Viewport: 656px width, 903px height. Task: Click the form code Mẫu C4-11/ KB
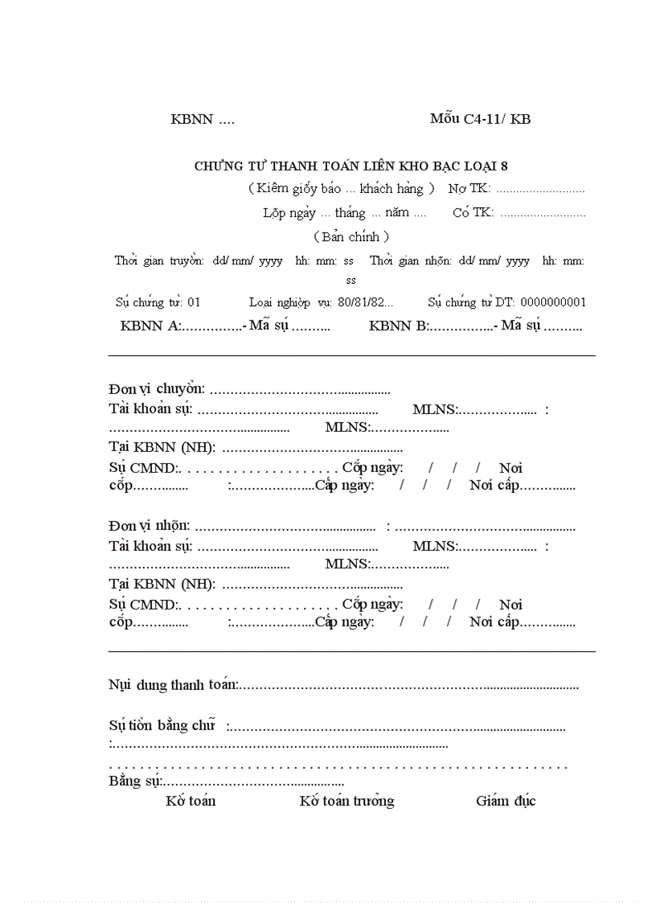click(x=480, y=119)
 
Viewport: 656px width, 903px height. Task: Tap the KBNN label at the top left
click(x=192, y=120)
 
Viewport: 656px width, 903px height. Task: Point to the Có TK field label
click(x=473, y=213)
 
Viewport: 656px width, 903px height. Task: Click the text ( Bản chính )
click(x=351, y=236)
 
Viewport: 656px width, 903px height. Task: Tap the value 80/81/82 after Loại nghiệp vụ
click(x=365, y=302)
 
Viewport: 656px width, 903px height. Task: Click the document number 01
click(x=194, y=302)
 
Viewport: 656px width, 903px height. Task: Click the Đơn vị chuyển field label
click(x=157, y=389)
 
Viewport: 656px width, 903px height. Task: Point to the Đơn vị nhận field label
click(x=150, y=526)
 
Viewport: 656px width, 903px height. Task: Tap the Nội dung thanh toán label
click(x=173, y=685)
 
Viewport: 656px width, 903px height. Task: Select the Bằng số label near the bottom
click(x=135, y=782)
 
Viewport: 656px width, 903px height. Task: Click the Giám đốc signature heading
click(x=506, y=801)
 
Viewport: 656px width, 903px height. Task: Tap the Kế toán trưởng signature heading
click(x=346, y=801)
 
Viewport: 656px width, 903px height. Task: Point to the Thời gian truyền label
click(x=159, y=261)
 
